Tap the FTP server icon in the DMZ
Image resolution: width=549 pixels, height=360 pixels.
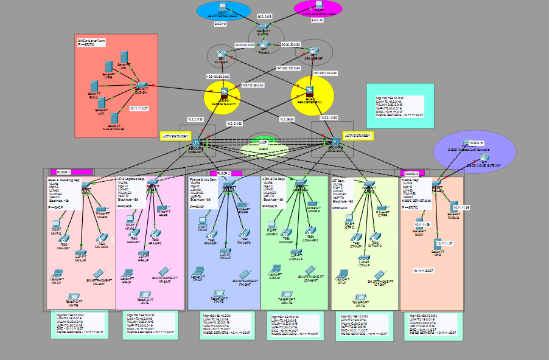(x=124, y=57)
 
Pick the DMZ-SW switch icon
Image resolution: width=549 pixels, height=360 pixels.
(x=142, y=86)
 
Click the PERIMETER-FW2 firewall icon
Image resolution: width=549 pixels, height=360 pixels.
(x=311, y=91)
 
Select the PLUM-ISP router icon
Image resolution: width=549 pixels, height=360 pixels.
(x=222, y=55)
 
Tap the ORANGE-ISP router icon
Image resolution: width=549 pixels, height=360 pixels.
(x=313, y=52)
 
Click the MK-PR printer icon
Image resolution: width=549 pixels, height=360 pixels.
(x=100, y=210)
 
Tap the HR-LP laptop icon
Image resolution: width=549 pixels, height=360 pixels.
(x=127, y=274)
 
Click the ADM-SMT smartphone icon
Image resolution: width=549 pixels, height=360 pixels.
(x=310, y=269)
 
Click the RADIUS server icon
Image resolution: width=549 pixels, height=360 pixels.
(x=453, y=208)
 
